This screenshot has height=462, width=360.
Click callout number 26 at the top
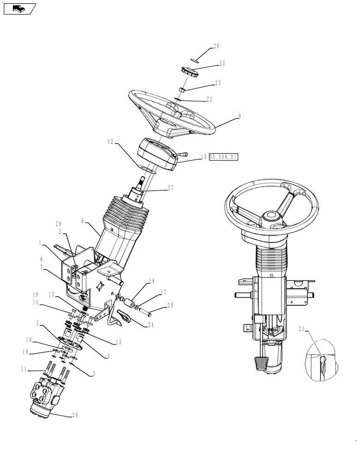(x=216, y=46)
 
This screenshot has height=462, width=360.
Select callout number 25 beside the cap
(x=222, y=63)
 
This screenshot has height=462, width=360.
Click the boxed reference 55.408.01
(x=223, y=158)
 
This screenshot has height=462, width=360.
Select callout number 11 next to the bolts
(x=24, y=369)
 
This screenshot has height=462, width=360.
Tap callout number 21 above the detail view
(x=301, y=328)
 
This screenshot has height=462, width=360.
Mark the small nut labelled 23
(x=182, y=89)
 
